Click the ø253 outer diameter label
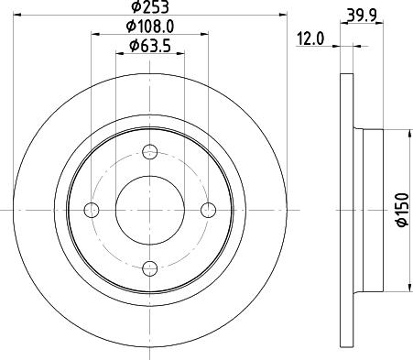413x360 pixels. tap(152, 8)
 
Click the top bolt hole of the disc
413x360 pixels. tap(149, 153)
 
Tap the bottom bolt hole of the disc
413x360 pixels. tap(149, 267)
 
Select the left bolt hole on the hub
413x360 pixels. tap(91, 210)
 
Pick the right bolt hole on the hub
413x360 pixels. tap(208, 210)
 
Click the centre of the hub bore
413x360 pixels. tap(149, 210)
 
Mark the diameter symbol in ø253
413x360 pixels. tap(136, 8)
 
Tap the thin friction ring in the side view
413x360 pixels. tap(346, 210)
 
